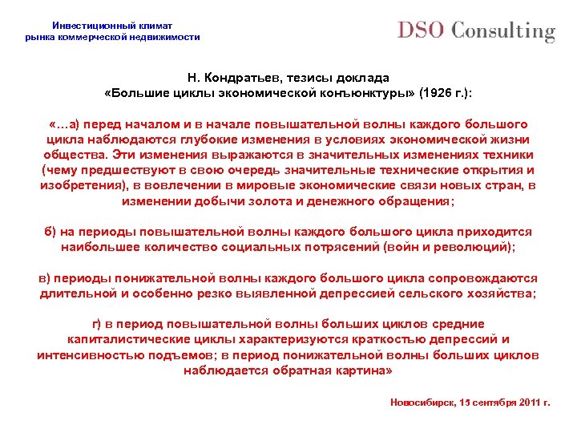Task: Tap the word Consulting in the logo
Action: click(x=503, y=31)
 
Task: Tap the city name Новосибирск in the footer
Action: click(x=424, y=402)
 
